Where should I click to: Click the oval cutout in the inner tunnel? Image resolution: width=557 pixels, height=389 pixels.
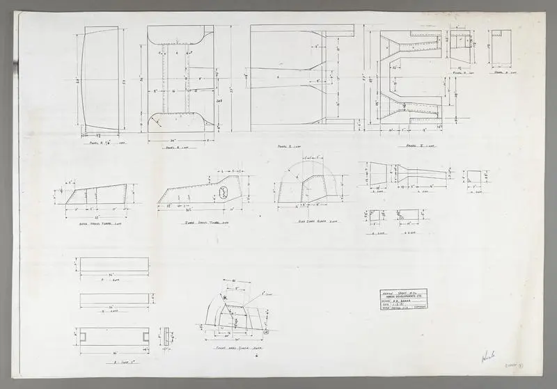click(224, 192)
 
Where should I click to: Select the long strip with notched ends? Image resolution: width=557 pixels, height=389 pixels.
click(113, 336)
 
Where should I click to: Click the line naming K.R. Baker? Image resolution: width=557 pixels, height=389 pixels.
click(400, 299)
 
